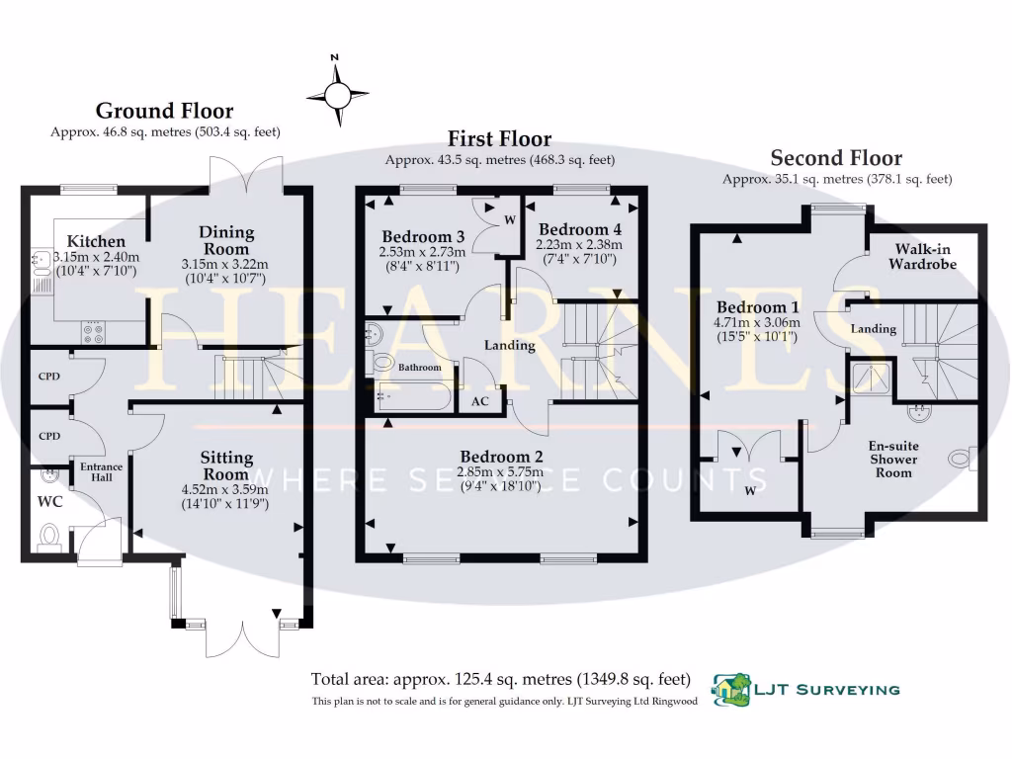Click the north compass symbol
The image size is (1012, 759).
coord(337,94)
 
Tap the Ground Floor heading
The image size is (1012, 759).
coord(164,111)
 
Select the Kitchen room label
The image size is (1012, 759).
coord(96,241)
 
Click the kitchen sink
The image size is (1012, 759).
coord(40,261)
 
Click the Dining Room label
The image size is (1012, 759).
coord(227,240)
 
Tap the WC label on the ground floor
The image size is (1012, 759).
coord(49,501)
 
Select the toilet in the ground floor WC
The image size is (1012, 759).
coord(49,537)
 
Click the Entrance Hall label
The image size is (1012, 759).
coord(97,471)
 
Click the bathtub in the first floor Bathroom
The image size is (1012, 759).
coord(413,399)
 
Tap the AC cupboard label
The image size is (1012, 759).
coord(480,402)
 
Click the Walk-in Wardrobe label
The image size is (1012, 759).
coord(922,256)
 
